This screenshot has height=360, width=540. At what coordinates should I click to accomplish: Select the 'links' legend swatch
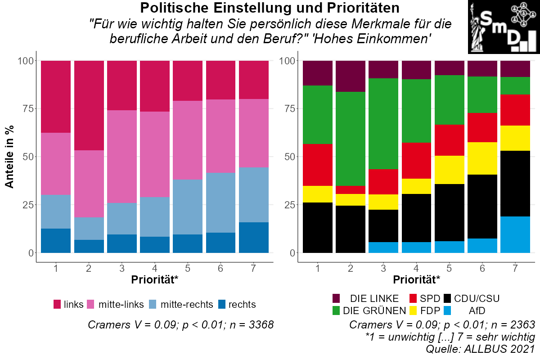57,304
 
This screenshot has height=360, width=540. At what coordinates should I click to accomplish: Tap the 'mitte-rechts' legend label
187,304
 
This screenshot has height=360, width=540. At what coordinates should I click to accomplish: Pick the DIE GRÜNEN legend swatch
336,310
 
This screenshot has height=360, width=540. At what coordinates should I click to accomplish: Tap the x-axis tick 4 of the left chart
155,269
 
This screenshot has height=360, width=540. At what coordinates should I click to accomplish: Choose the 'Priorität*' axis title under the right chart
416,280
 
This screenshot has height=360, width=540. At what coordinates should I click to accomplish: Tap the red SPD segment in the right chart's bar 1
318,165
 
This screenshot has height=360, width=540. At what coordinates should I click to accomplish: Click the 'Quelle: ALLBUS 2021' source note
480,348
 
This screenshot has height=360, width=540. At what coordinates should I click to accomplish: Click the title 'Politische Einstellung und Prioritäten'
270,8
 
